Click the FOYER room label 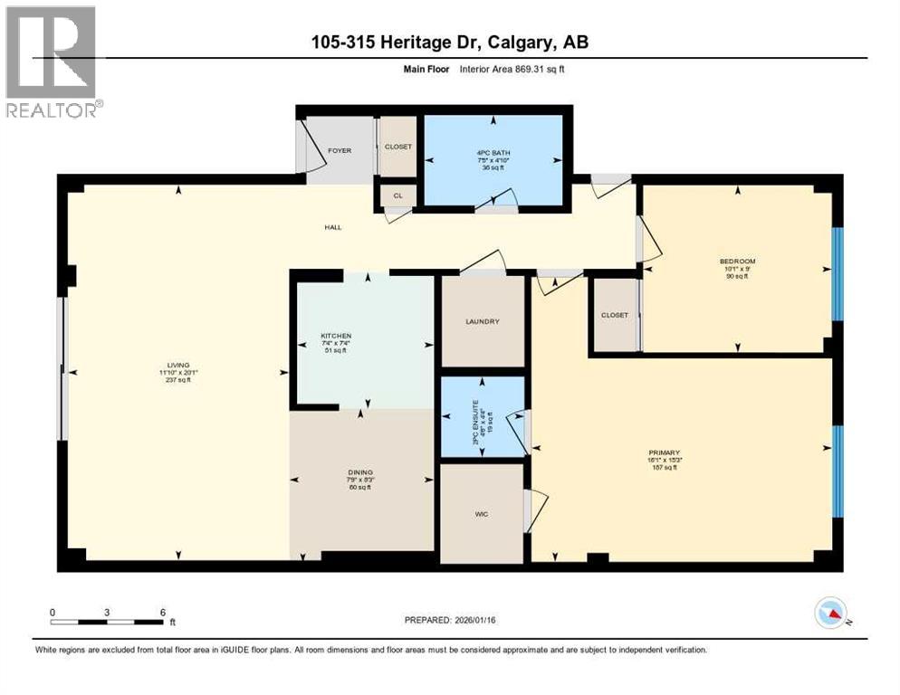[x=340, y=151]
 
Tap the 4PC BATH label [x=494, y=152]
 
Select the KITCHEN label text [x=335, y=336]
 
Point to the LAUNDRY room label [x=482, y=321]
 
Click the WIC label [x=482, y=514]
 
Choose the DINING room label [x=361, y=471]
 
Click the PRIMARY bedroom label [x=664, y=452]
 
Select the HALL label [x=333, y=227]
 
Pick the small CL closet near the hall [x=397, y=195]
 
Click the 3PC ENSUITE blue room [x=483, y=417]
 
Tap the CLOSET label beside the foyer [x=397, y=147]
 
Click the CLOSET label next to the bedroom [x=614, y=315]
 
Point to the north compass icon [x=829, y=613]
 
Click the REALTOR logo [x=52, y=62]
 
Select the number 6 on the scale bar [x=162, y=612]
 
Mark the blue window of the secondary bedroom [x=837, y=274]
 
